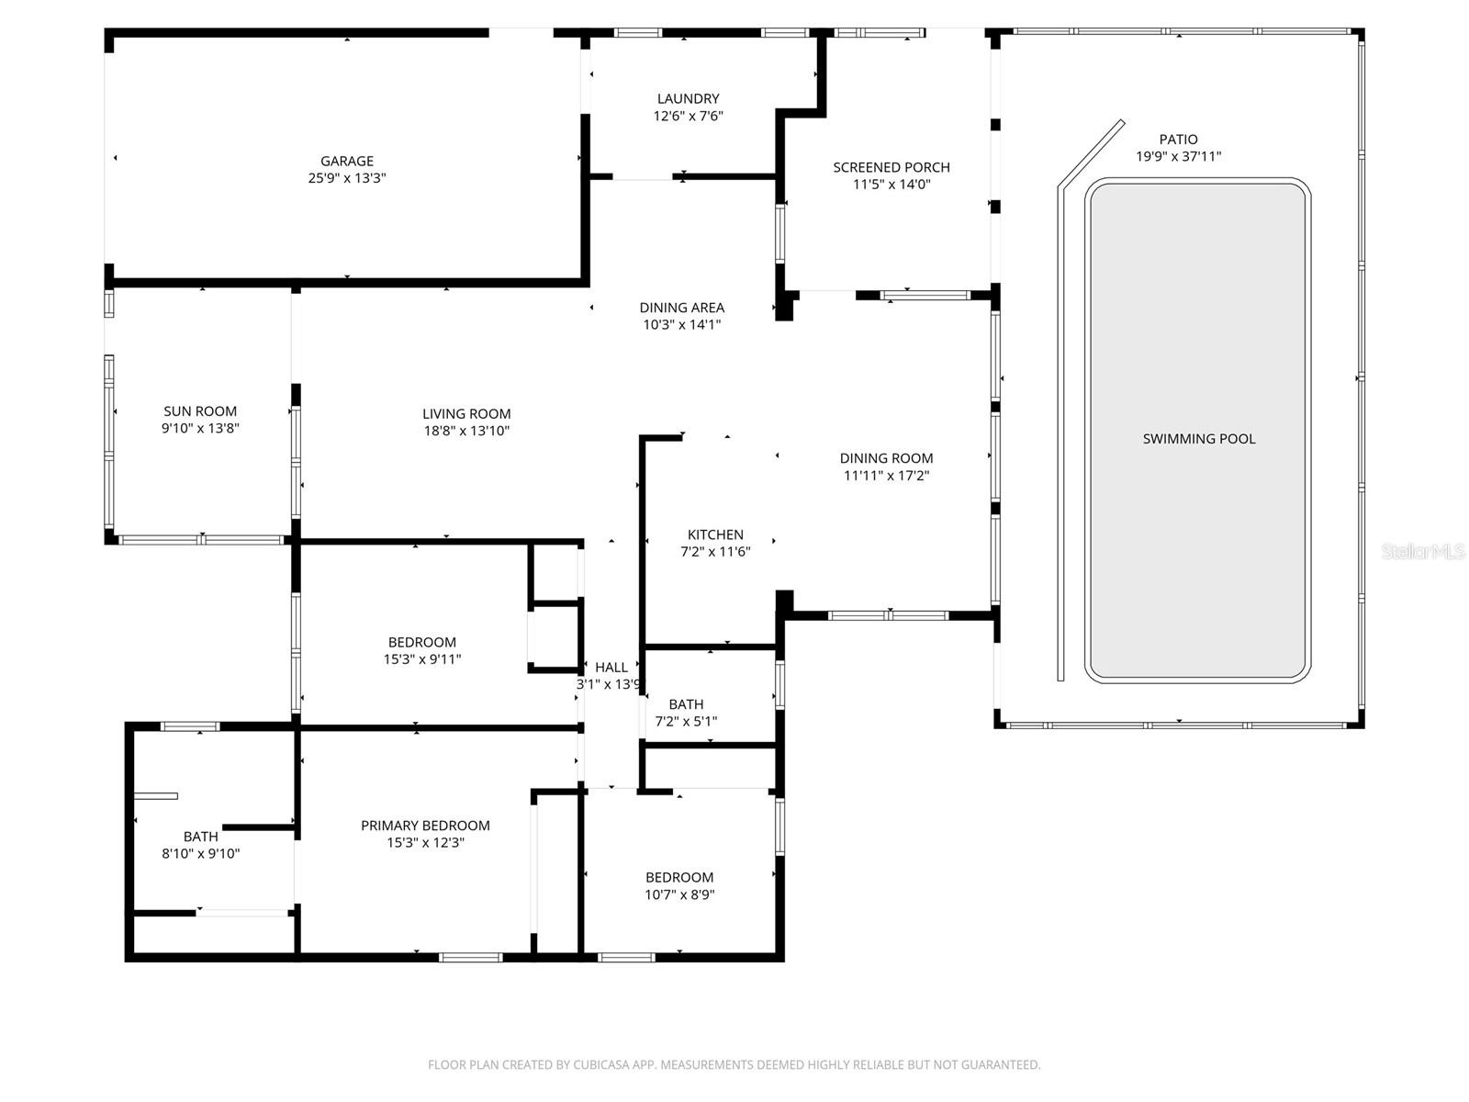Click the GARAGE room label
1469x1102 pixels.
[x=346, y=161]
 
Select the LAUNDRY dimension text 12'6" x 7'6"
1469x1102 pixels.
[x=688, y=117]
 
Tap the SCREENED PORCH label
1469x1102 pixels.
[x=891, y=167]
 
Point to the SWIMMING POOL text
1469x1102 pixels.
[x=1198, y=439]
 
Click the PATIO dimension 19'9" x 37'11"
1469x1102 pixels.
[x=1178, y=157]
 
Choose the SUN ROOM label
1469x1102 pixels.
[x=200, y=411]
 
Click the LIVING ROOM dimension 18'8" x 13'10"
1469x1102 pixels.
[x=466, y=431]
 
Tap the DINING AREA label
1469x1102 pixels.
[x=681, y=308]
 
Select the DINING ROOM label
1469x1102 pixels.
[x=886, y=458]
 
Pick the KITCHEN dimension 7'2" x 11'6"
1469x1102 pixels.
[x=715, y=552]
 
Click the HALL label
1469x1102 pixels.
[x=611, y=668]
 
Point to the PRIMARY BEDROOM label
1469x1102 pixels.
[x=425, y=826]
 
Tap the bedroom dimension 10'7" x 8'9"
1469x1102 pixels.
[x=678, y=894]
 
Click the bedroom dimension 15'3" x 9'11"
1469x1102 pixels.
[x=421, y=659]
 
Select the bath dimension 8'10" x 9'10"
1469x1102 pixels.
[x=200, y=854]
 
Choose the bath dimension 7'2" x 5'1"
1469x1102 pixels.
[x=686, y=722]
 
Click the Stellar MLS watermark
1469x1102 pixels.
[x=1422, y=551]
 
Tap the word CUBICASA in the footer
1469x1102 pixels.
[x=601, y=1065]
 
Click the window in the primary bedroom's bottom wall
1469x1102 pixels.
[x=470, y=958]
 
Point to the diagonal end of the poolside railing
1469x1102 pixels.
[x=1090, y=152]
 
